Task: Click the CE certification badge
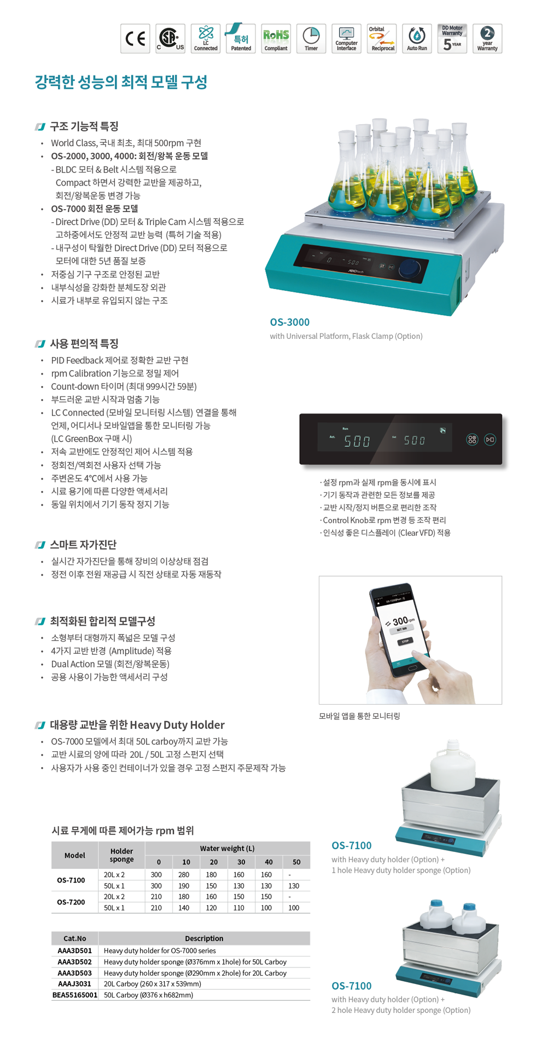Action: click(x=135, y=38)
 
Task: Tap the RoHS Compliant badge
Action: click(x=276, y=38)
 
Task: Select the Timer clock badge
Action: click(x=311, y=38)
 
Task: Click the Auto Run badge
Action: click(x=417, y=38)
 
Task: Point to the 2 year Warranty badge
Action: click(x=487, y=38)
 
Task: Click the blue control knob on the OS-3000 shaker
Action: click(x=409, y=269)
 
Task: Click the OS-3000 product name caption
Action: click(x=290, y=322)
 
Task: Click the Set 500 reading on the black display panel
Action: click(x=414, y=440)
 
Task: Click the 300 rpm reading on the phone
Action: click(x=400, y=621)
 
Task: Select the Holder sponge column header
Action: click(x=121, y=855)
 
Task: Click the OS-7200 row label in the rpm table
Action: click(x=71, y=902)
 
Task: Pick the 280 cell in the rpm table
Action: click(x=184, y=875)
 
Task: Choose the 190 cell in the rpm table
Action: click(x=184, y=886)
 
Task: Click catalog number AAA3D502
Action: click(x=75, y=962)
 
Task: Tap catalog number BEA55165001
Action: click(x=75, y=995)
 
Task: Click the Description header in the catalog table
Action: click(x=204, y=938)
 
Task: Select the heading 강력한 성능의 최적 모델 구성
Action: click(x=121, y=82)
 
